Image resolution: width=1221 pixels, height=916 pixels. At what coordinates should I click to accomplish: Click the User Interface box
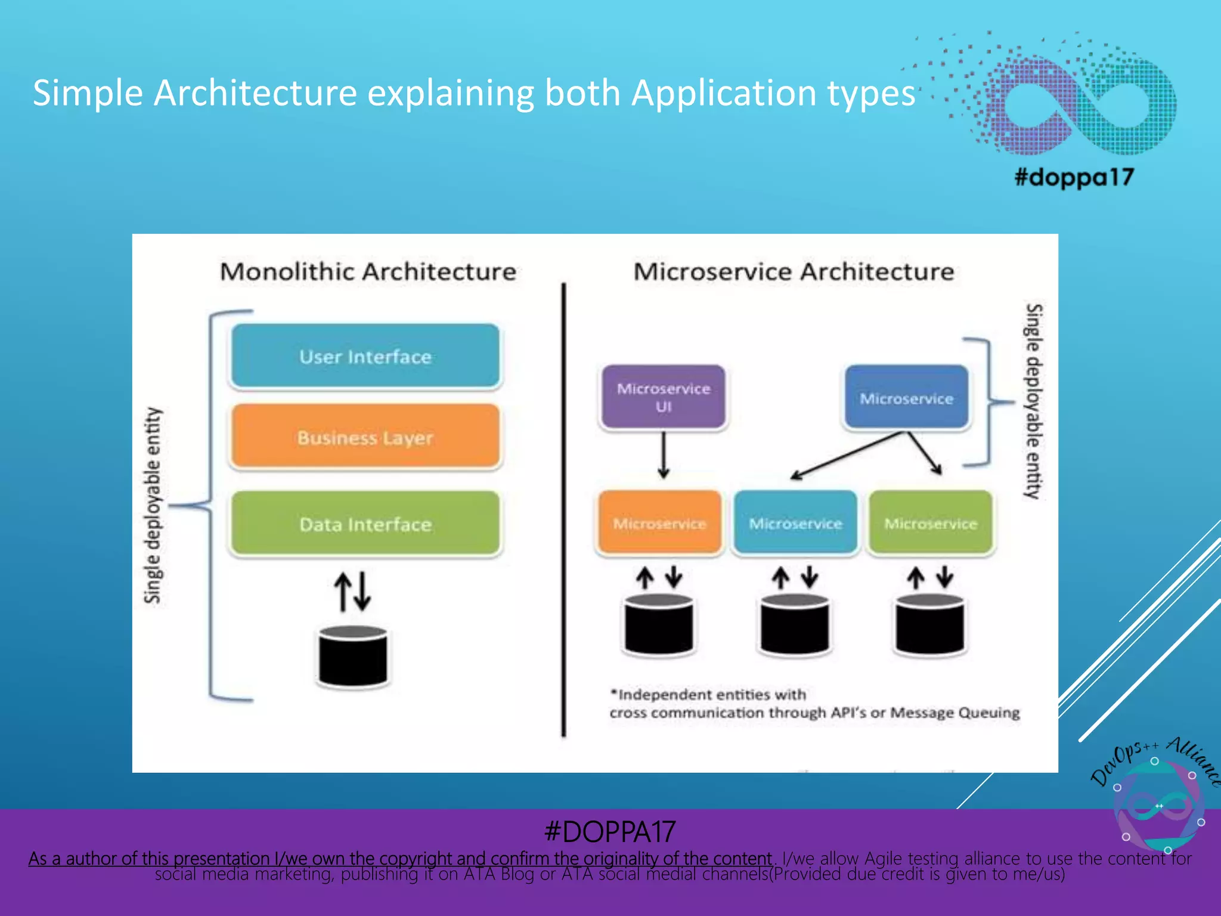click(365, 356)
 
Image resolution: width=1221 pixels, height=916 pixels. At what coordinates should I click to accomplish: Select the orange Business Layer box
click(365, 437)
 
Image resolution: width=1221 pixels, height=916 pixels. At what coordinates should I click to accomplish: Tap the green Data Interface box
click(365, 524)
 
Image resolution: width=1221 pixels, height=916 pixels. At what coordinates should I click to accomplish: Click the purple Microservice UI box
click(664, 397)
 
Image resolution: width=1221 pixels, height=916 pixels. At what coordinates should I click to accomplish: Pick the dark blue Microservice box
click(906, 398)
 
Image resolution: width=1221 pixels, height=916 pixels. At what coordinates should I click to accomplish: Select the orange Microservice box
click(659, 523)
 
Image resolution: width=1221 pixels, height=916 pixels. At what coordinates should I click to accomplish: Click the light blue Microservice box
click(795, 523)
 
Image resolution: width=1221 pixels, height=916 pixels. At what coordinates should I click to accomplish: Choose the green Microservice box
click(931, 523)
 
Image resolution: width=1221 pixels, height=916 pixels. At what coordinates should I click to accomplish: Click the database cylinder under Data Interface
click(353, 656)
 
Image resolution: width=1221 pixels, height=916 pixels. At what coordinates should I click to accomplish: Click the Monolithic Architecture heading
click(368, 271)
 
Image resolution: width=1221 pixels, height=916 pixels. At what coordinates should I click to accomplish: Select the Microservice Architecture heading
click(794, 271)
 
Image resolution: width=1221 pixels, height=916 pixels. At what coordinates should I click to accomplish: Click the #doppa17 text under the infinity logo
click(1074, 177)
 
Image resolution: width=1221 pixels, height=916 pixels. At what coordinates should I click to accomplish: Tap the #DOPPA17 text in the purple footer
click(609, 831)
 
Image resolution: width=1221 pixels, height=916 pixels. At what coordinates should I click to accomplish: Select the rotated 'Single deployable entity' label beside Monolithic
click(153, 505)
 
